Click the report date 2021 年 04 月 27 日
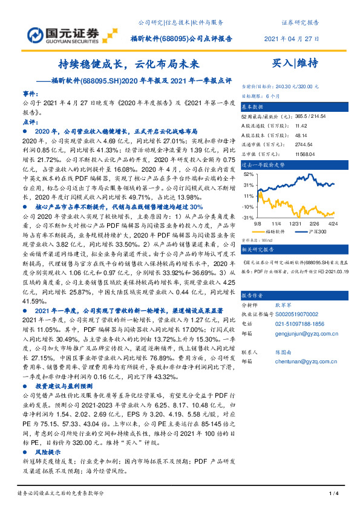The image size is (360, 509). [292, 39]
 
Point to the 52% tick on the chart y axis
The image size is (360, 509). [248, 173]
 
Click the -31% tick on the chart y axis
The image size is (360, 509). [247, 216]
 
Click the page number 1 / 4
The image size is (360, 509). [332, 494]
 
